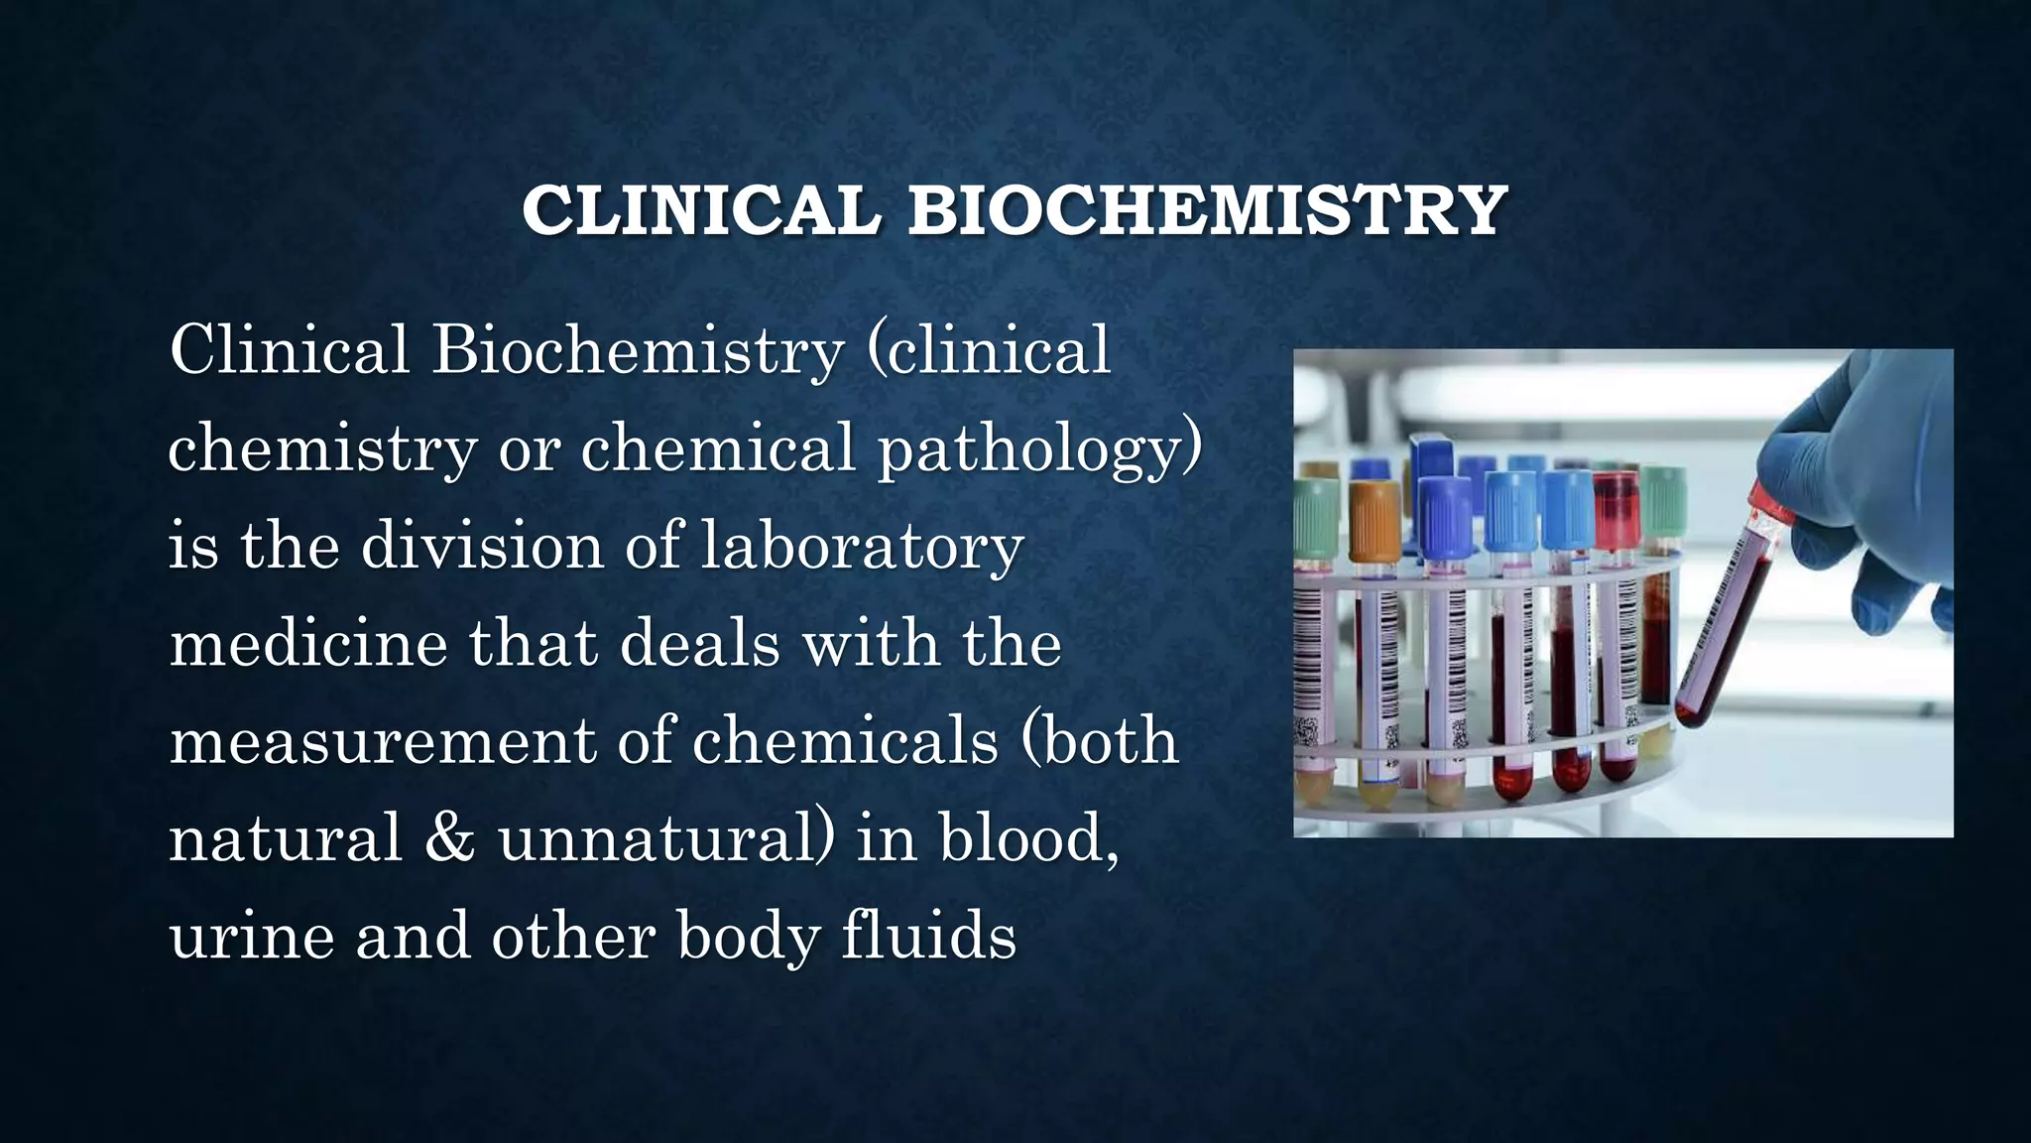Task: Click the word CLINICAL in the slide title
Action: click(x=701, y=210)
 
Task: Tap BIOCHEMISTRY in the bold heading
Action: click(x=1208, y=210)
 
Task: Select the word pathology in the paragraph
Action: click(x=1039, y=448)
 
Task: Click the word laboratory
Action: click(x=862, y=547)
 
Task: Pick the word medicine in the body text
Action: click(x=307, y=644)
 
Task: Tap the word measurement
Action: click(x=382, y=742)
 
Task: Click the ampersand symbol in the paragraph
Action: click(x=449, y=838)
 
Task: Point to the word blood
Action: click(x=1028, y=838)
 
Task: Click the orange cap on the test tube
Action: click(x=1374, y=516)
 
